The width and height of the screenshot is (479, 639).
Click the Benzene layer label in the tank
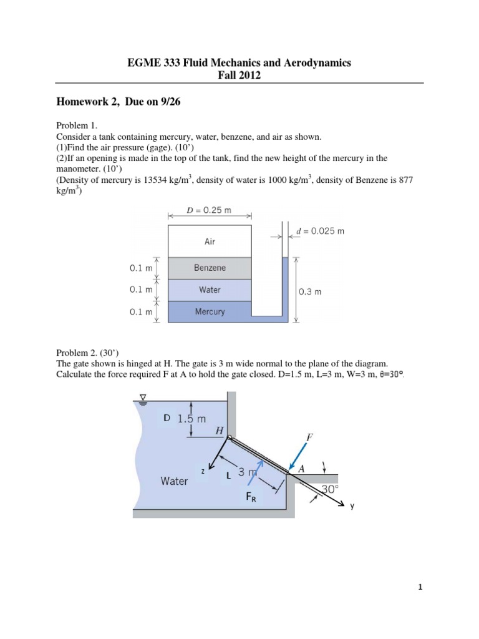tap(210, 268)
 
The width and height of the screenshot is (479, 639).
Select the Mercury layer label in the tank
tap(210, 311)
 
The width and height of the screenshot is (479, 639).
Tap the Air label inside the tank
tap(210, 241)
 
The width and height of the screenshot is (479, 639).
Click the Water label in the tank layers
tap(210, 290)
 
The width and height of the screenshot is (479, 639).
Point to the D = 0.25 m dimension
tap(209, 210)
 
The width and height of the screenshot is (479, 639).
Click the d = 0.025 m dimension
tap(321, 231)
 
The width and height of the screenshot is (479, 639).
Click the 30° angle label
tap(331, 490)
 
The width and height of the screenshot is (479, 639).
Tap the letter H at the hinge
tap(218, 430)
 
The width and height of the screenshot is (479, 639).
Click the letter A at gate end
tap(302, 469)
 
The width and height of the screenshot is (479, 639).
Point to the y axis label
tap(352, 507)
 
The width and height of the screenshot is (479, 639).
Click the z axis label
tap(203, 472)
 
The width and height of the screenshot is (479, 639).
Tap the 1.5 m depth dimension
tap(191, 419)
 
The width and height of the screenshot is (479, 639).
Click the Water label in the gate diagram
tap(174, 481)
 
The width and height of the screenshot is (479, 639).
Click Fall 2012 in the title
tap(239, 76)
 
